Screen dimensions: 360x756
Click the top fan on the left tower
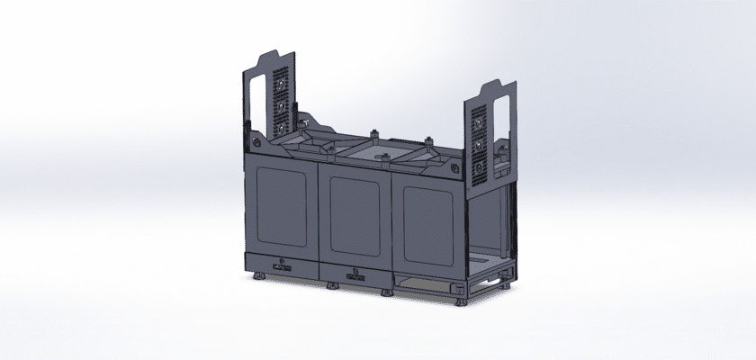pyautogui.click(x=281, y=85)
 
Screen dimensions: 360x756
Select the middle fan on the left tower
pyautogui.click(x=281, y=106)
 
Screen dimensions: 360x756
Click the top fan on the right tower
pyautogui.click(x=479, y=120)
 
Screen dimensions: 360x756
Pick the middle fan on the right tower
pyautogui.click(x=480, y=143)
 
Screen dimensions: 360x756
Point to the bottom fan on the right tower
pyautogui.click(x=481, y=167)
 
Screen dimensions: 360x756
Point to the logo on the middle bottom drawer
pyautogui.click(x=354, y=272)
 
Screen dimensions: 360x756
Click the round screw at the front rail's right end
pyautogui.click(x=456, y=167)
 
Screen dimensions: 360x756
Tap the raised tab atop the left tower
pyautogui.click(x=271, y=56)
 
